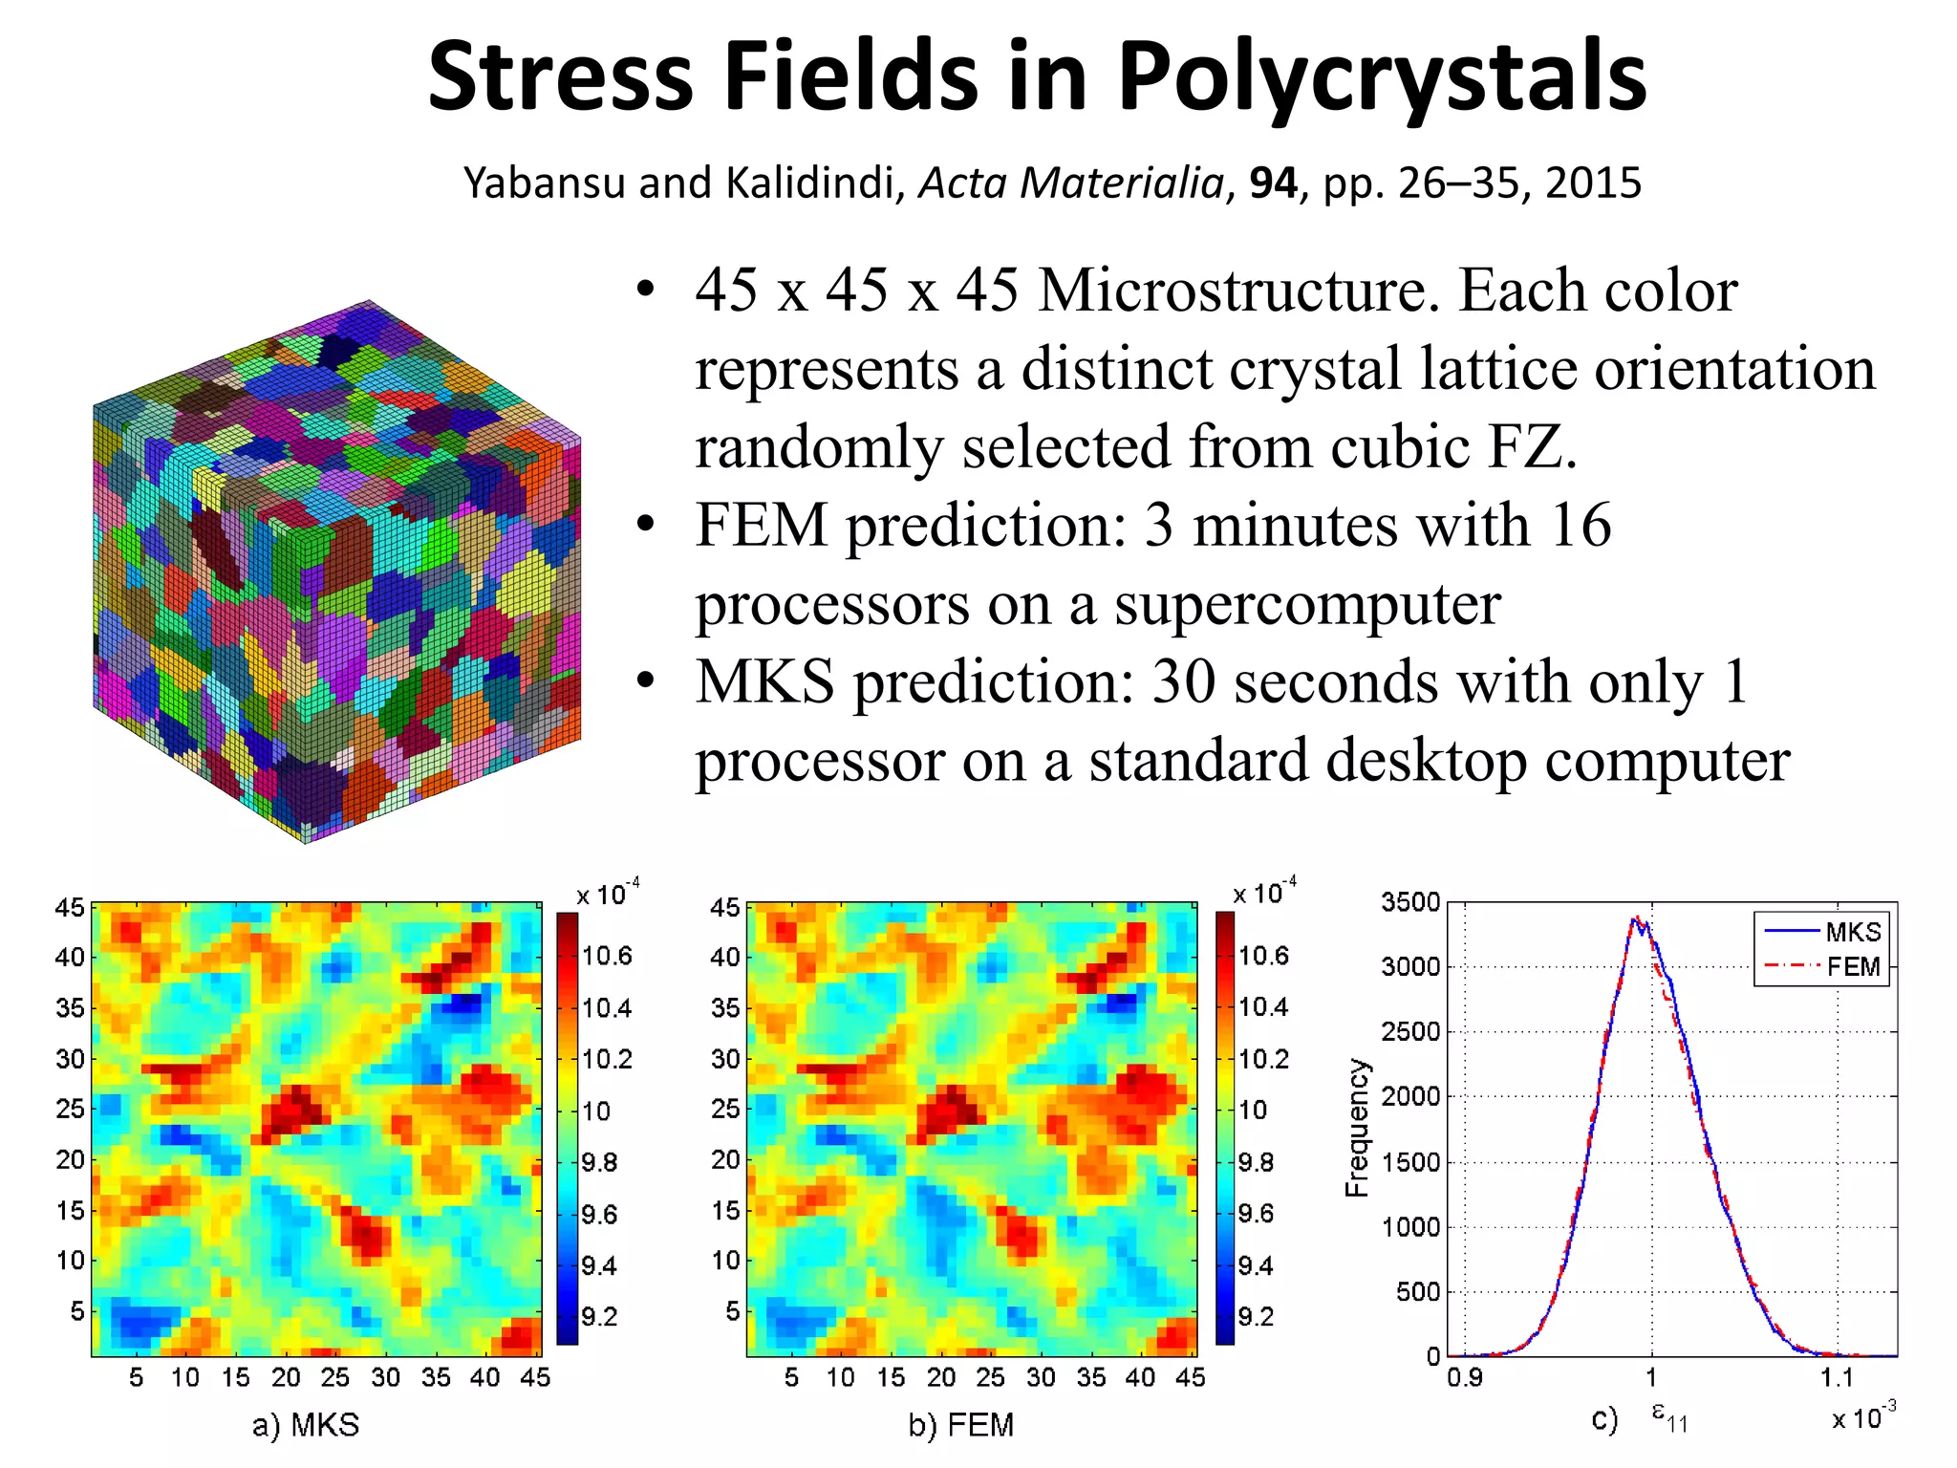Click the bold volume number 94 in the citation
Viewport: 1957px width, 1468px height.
point(1273,183)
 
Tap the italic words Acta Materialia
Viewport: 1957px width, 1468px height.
point(1070,183)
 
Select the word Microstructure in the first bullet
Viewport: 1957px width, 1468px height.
point(1238,291)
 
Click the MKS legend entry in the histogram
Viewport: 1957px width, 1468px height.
point(1852,932)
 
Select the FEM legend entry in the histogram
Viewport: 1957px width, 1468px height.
point(1852,967)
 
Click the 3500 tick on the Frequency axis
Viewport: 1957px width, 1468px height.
point(1410,902)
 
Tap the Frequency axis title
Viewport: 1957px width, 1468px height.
point(1357,1128)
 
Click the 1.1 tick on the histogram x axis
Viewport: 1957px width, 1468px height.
point(1836,1377)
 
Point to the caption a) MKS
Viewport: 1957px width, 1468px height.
point(306,1425)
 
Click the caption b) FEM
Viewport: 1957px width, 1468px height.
point(960,1425)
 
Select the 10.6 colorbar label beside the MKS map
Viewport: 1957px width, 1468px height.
point(607,956)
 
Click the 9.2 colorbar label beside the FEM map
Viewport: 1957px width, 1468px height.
point(1256,1317)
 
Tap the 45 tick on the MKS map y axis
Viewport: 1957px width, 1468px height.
point(70,907)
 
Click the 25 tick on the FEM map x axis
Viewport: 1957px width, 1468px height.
point(990,1377)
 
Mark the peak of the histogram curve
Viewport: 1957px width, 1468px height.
point(1636,918)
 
